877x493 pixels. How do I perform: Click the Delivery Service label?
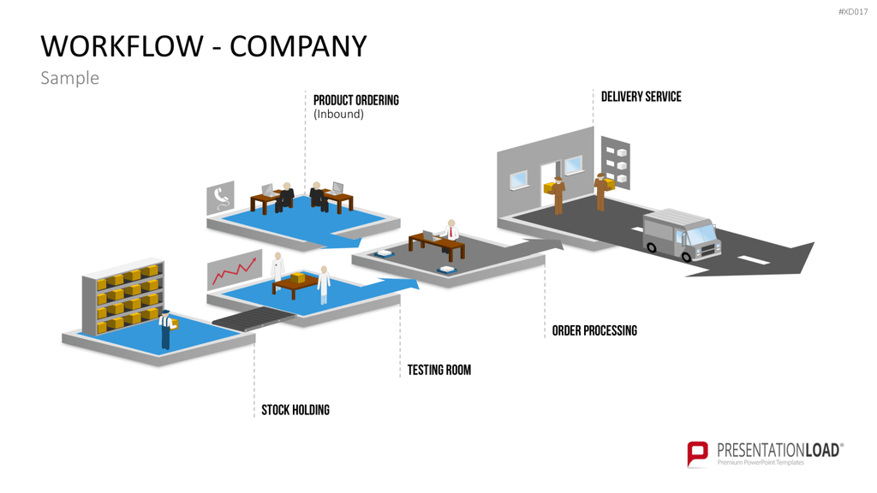pyautogui.click(x=641, y=97)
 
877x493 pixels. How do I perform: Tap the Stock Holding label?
pyautogui.click(x=295, y=410)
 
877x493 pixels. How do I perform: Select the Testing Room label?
pyautogui.click(x=439, y=370)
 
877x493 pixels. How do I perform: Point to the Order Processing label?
pyautogui.click(x=594, y=330)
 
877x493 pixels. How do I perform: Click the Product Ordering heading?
pyautogui.click(x=355, y=100)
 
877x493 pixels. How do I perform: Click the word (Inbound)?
pyautogui.click(x=338, y=114)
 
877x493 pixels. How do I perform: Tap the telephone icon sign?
pyautogui.click(x=220, y=198)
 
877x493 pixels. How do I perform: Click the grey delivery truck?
pyautogui.click(x=681, y=235)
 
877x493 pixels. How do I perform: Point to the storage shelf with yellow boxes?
pyautogui.click(x=123, y=296)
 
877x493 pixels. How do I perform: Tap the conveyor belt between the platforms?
pyautogui.click(x=254, y=318)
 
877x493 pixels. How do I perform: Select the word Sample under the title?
pyautogui.click(x=70, y=78)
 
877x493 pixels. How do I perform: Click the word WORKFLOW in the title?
pyautogui.click(x=122, y=46)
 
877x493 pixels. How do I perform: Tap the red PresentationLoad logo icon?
pyautogui.click(x=697, y=454)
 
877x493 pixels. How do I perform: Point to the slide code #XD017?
pyautogui.click(x=853, y=12)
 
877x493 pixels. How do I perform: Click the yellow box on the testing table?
pyautogui.click(x=297, y=278)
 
